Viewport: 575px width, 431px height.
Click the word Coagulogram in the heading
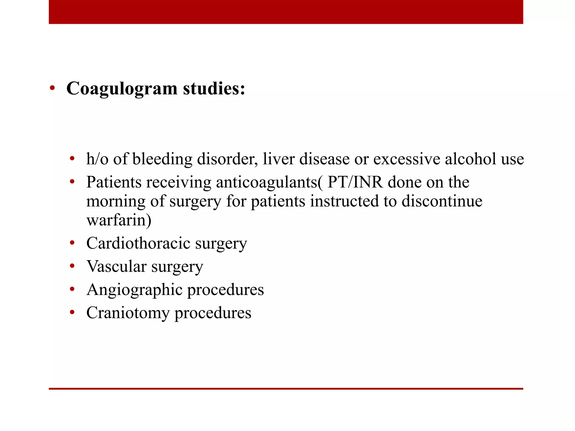(x=122, y=89)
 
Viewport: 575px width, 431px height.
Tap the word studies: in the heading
(x=214, y=89)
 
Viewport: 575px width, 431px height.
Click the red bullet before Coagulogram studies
(x=52, y=88)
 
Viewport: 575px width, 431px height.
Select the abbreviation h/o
(x=97, y=159)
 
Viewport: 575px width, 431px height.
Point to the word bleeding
(x=162, y=159)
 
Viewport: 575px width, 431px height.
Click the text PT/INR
(x=355, y=182)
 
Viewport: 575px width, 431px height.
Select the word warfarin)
(x=119, y=220)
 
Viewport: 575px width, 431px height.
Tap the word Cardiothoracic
(x=138, y=243)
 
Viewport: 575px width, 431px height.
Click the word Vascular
(x=117, y=266)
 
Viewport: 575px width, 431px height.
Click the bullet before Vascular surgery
(x=72, y=266)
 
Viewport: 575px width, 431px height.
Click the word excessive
(x=407, y=159)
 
